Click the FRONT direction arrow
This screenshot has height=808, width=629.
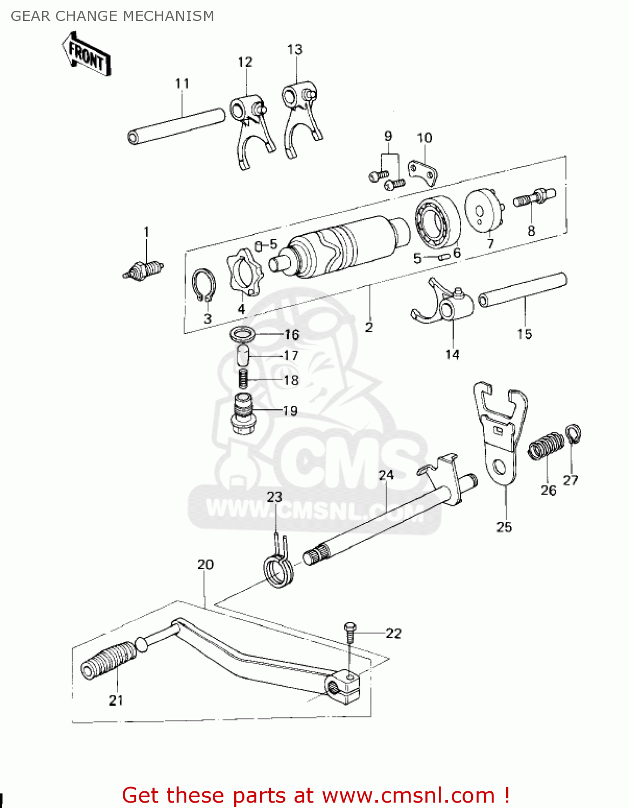(86, 54)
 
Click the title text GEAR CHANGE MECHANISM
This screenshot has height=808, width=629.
(113, 16)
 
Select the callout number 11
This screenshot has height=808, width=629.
(182, 83)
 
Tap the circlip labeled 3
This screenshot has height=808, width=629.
(204, 285)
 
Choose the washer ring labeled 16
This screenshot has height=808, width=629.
(242, 334)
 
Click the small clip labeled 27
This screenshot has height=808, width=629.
(573, 434)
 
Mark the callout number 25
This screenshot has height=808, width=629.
(504, 527)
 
